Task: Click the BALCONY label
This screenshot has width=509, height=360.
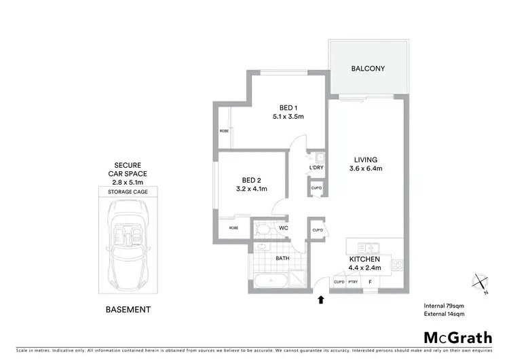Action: coord(368,69)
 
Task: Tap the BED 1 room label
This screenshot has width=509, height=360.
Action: coord(288,108)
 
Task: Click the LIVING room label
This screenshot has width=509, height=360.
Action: coord(365,160)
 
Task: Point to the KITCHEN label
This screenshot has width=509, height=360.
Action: coord(365,259)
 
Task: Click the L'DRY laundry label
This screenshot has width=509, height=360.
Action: coord(316,168)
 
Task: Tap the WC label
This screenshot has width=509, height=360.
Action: coord(284,228)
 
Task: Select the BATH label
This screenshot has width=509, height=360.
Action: coord(284,259)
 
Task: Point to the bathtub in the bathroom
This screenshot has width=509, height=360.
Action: coord(272,281)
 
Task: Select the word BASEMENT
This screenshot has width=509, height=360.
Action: coord(128,310)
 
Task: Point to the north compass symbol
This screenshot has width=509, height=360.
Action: coord(480,282)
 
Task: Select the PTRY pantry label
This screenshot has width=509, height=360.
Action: coord(353,282)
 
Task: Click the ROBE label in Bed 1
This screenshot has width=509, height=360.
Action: coord(223,130)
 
